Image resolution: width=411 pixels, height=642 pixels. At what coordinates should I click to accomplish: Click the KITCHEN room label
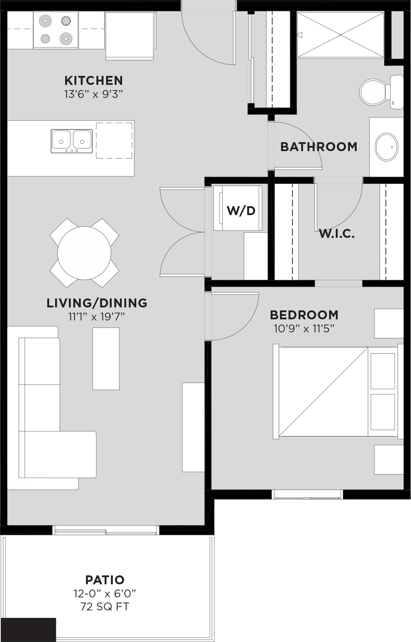93,80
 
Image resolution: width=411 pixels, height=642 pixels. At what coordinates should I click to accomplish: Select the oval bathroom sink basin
386,147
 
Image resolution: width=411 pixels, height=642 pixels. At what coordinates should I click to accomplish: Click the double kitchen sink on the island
71,141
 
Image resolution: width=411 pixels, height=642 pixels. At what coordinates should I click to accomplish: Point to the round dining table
84,253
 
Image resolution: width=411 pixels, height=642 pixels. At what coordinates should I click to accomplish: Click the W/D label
241,211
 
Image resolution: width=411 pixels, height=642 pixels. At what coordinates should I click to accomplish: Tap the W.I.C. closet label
337,234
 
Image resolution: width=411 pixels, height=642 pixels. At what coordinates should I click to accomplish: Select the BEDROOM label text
304,315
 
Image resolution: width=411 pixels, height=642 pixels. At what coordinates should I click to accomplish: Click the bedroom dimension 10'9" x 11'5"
304,329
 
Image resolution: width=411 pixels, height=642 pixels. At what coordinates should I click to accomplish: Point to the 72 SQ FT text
105,607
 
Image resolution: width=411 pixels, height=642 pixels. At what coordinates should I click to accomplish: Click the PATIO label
105,580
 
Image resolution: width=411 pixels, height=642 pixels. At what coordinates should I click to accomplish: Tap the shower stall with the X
340,35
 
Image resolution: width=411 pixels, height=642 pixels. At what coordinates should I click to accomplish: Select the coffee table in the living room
106,359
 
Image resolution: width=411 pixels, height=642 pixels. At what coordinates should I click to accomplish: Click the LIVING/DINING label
97,303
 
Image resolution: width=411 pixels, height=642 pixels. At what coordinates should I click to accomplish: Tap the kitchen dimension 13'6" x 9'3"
93,94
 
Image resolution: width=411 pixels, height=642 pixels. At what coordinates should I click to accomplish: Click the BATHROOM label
319,147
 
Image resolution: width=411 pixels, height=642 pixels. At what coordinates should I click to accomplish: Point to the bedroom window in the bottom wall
308,495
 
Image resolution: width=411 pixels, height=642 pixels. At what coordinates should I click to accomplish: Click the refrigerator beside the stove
130,36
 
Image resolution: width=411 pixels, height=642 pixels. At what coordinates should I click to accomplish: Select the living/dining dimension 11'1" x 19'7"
96,317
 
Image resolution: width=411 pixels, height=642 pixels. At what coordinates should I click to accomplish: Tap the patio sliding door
106,530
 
